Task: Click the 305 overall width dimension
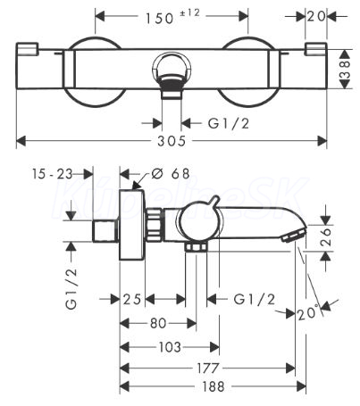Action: click(172, 141)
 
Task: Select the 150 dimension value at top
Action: click(159, 19)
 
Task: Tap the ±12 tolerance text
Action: click(189, 12)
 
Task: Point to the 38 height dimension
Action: click(346, 70)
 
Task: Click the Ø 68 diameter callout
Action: click(171, 173)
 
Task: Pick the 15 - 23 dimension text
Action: click(52, 174)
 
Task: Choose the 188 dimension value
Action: click(213, 386)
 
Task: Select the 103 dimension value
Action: click(170, 347)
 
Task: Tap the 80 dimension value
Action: click(158, 323)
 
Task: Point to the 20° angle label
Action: click(308, 313)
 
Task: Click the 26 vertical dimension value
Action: click(326, 236)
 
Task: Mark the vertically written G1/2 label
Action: click(71, 289)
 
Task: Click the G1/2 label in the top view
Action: click(229, 123)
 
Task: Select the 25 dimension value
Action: click(132, 299)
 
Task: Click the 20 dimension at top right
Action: click(316, 17)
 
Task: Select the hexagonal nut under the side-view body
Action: click(196, 247)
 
